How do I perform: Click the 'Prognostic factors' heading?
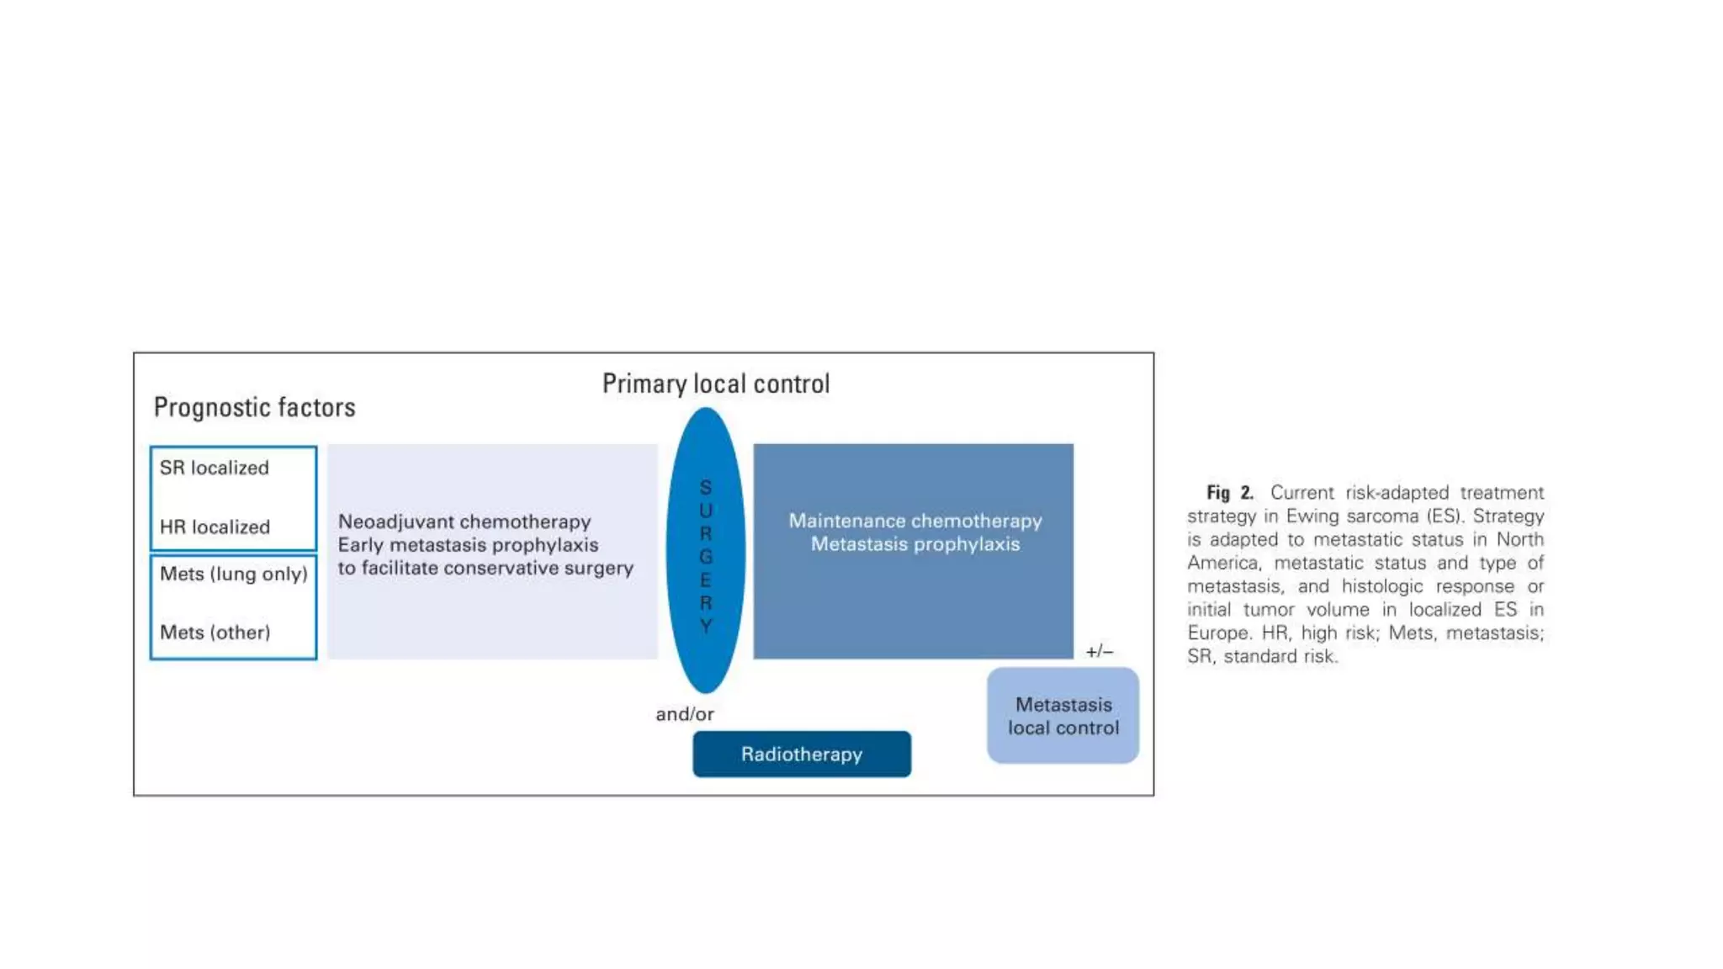coord(254,408)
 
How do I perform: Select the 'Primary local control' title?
coord(715,384)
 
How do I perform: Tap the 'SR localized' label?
coord(215,468)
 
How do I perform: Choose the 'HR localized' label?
coord(215,527)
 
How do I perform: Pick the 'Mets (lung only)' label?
coord(233,574)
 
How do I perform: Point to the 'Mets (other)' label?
coord(215,633)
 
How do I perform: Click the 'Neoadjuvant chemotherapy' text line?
coord(464,522)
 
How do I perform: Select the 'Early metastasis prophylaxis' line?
coord(468,545)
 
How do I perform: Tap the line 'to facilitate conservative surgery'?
coord(485,569)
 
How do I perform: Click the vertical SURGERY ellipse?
coord(705,551)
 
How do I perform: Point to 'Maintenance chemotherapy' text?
coord(915,521)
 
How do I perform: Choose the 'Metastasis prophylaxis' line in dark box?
coord(915,544)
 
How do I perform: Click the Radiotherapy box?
coord(801,755)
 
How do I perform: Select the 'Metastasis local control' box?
coord(1063,716)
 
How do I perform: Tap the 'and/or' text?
coord(684,714)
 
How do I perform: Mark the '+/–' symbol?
coord(1099,652)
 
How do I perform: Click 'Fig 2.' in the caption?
coord(1229,493)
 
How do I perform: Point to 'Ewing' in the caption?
coord(1311,516)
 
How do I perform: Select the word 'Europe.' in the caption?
coord(1218,633)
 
